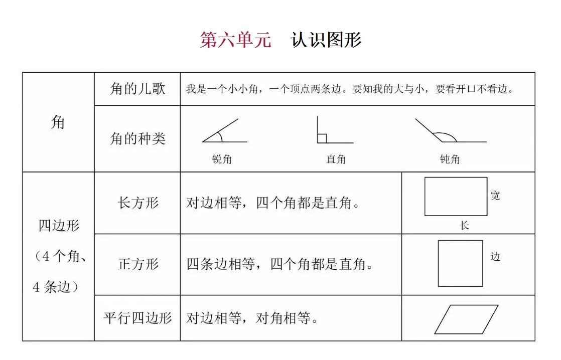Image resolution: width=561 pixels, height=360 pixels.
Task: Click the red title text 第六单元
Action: pos(235,40)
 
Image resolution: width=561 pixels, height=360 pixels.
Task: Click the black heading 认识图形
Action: pos(326,40)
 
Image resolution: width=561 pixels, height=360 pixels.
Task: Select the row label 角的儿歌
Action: pos(137,89)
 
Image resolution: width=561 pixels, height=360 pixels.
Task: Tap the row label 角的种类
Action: pos(137,139)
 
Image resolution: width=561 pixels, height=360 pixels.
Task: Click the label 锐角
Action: pos(222,159)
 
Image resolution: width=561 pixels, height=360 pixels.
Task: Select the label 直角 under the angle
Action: pos(336,159)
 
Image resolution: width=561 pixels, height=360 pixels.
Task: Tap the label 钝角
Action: pos(450,159)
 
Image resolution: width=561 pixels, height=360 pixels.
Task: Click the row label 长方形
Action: pos(138,203)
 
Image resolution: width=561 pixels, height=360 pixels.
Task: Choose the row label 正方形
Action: pos(138,265)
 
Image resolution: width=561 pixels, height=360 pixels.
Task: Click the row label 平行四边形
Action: pos(138,318)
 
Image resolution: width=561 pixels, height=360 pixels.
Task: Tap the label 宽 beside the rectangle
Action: pos(495,195)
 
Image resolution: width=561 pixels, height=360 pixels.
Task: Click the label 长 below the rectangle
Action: pos(464,226)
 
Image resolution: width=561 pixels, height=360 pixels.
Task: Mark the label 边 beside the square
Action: pos(495,256)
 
